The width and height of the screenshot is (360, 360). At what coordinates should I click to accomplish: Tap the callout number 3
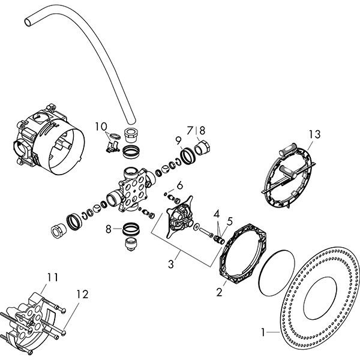(172, 262)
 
